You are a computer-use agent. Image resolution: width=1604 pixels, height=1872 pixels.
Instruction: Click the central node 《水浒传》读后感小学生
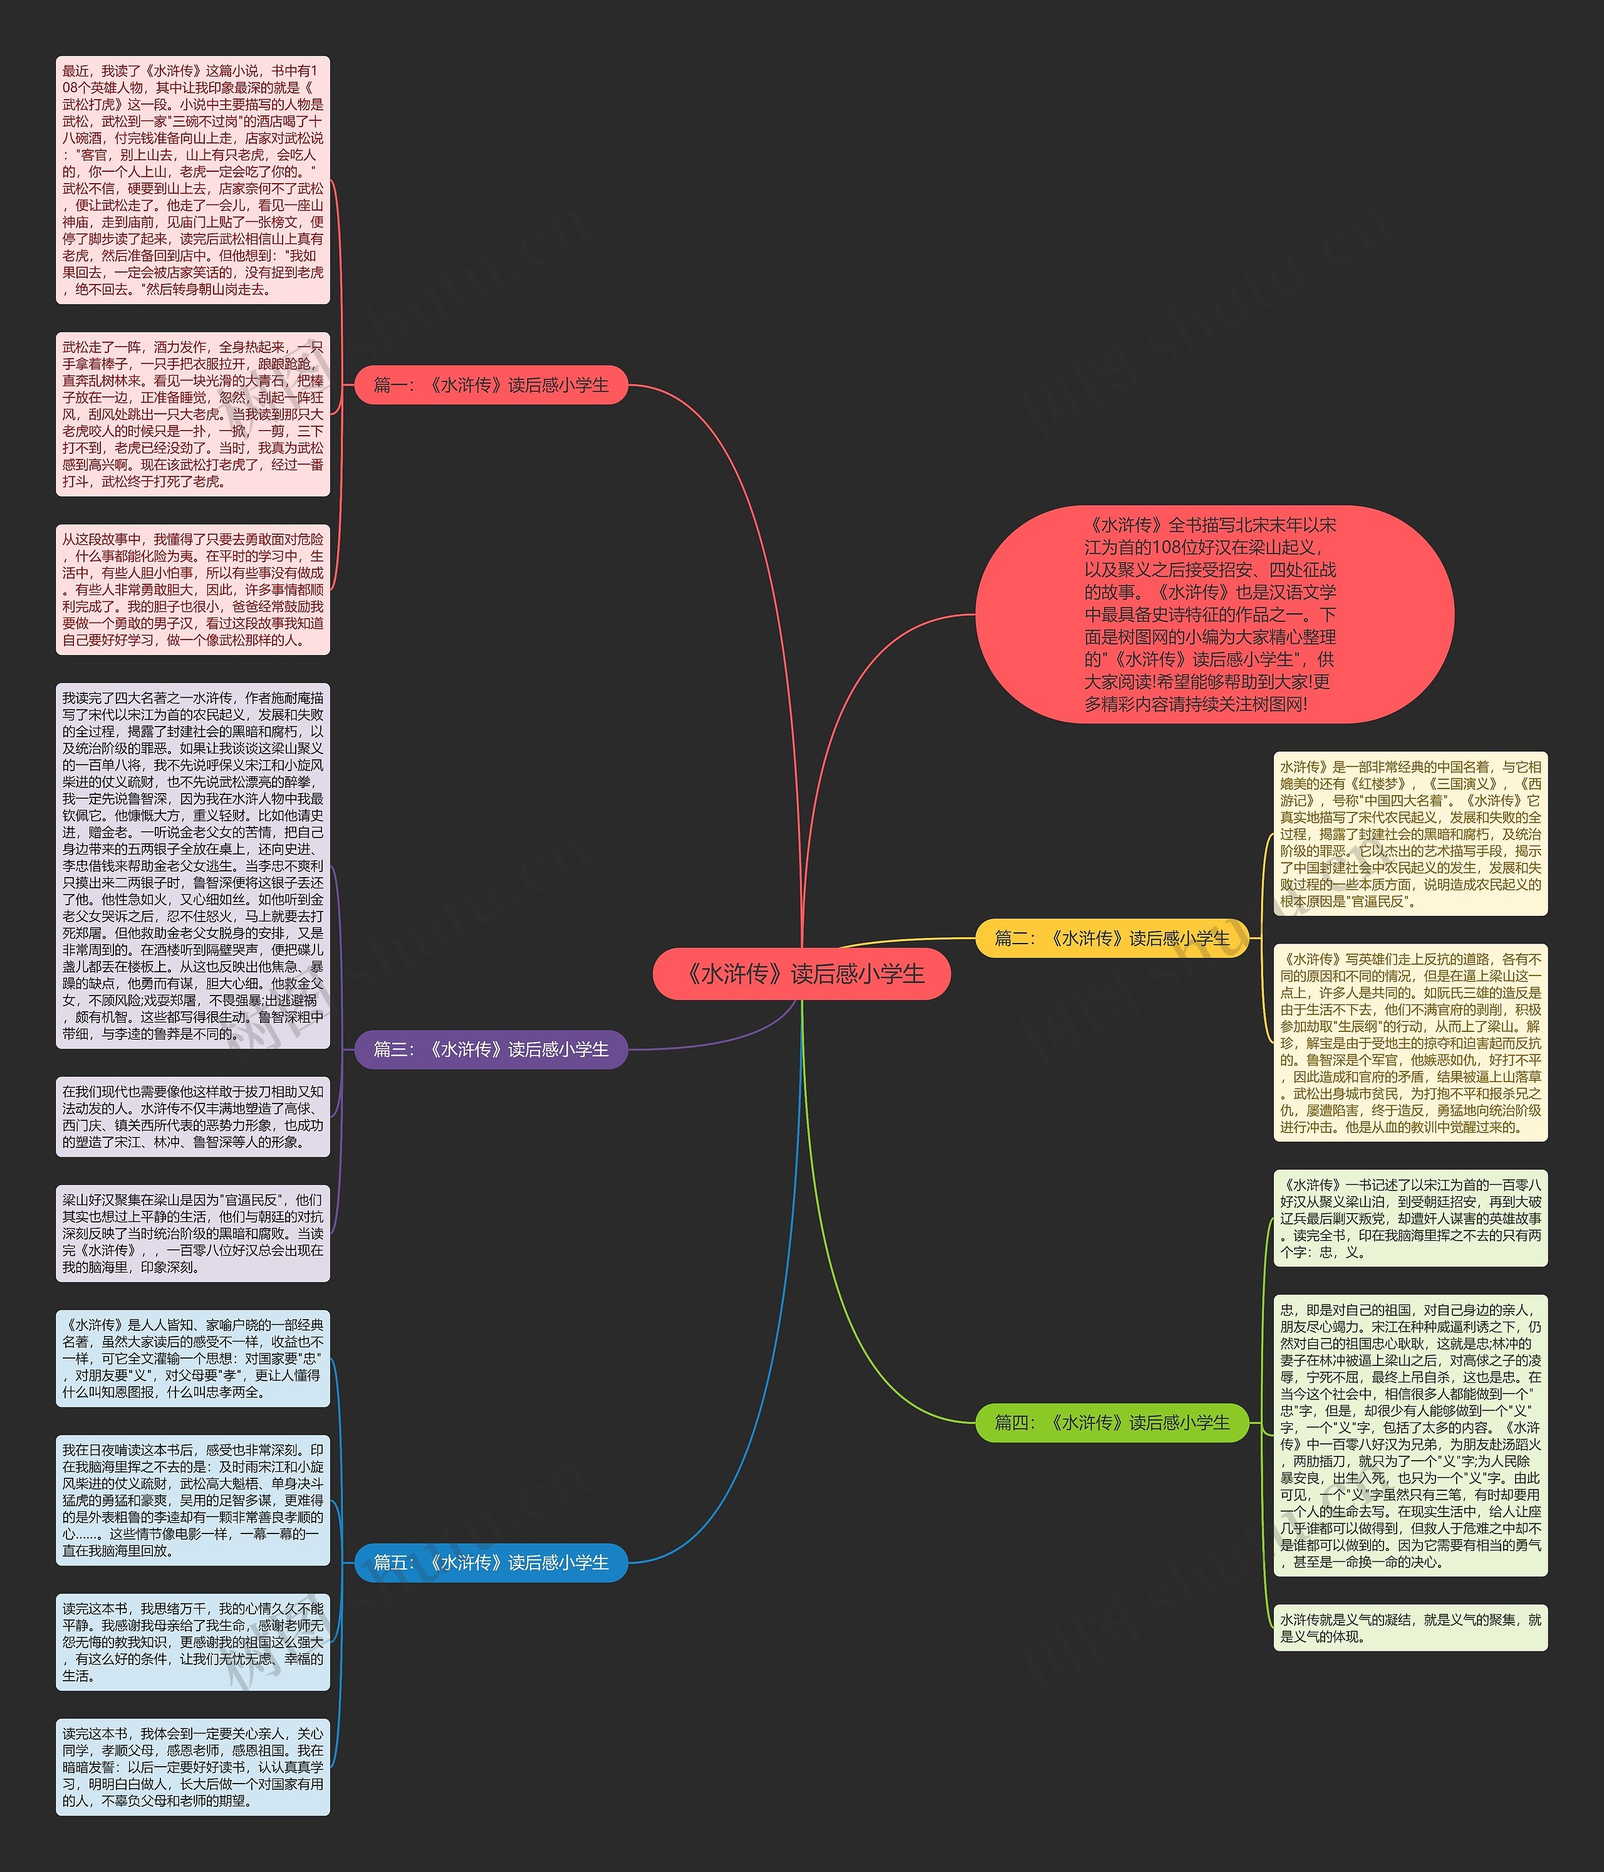point(801,974)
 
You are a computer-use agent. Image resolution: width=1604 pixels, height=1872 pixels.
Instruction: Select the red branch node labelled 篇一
point(491,385)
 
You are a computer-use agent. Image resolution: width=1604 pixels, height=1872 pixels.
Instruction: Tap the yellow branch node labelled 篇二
point(1112,938)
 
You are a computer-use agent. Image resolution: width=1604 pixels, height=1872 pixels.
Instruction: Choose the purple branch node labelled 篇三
point(491,1049)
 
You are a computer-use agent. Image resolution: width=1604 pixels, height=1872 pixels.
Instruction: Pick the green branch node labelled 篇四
point(1112,1422)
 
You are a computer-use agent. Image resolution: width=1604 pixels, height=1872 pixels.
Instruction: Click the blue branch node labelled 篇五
point(491,1562)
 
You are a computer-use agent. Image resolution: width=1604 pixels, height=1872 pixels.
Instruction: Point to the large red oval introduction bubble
point(1214,614)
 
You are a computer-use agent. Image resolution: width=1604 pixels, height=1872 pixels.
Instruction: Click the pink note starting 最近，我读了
point(192,180)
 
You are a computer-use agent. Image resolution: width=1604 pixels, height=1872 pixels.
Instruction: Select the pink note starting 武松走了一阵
point(192,414)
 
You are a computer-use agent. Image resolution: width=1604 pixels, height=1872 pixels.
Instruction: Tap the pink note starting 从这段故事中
point(192,589)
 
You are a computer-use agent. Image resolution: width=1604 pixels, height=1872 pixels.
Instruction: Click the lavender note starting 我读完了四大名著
point(192,866)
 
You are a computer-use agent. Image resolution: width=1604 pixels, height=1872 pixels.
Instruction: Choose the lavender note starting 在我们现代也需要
point(192,1117)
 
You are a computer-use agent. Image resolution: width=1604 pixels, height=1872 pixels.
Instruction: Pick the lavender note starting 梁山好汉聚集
point(192,1233)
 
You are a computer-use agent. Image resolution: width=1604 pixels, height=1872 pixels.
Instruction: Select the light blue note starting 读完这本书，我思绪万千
point(192,1642)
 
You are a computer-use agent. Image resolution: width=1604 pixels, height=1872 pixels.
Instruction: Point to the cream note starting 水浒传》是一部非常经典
point(1410,834)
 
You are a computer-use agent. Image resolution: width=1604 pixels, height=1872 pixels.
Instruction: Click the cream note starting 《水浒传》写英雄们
point(1410,1043)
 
